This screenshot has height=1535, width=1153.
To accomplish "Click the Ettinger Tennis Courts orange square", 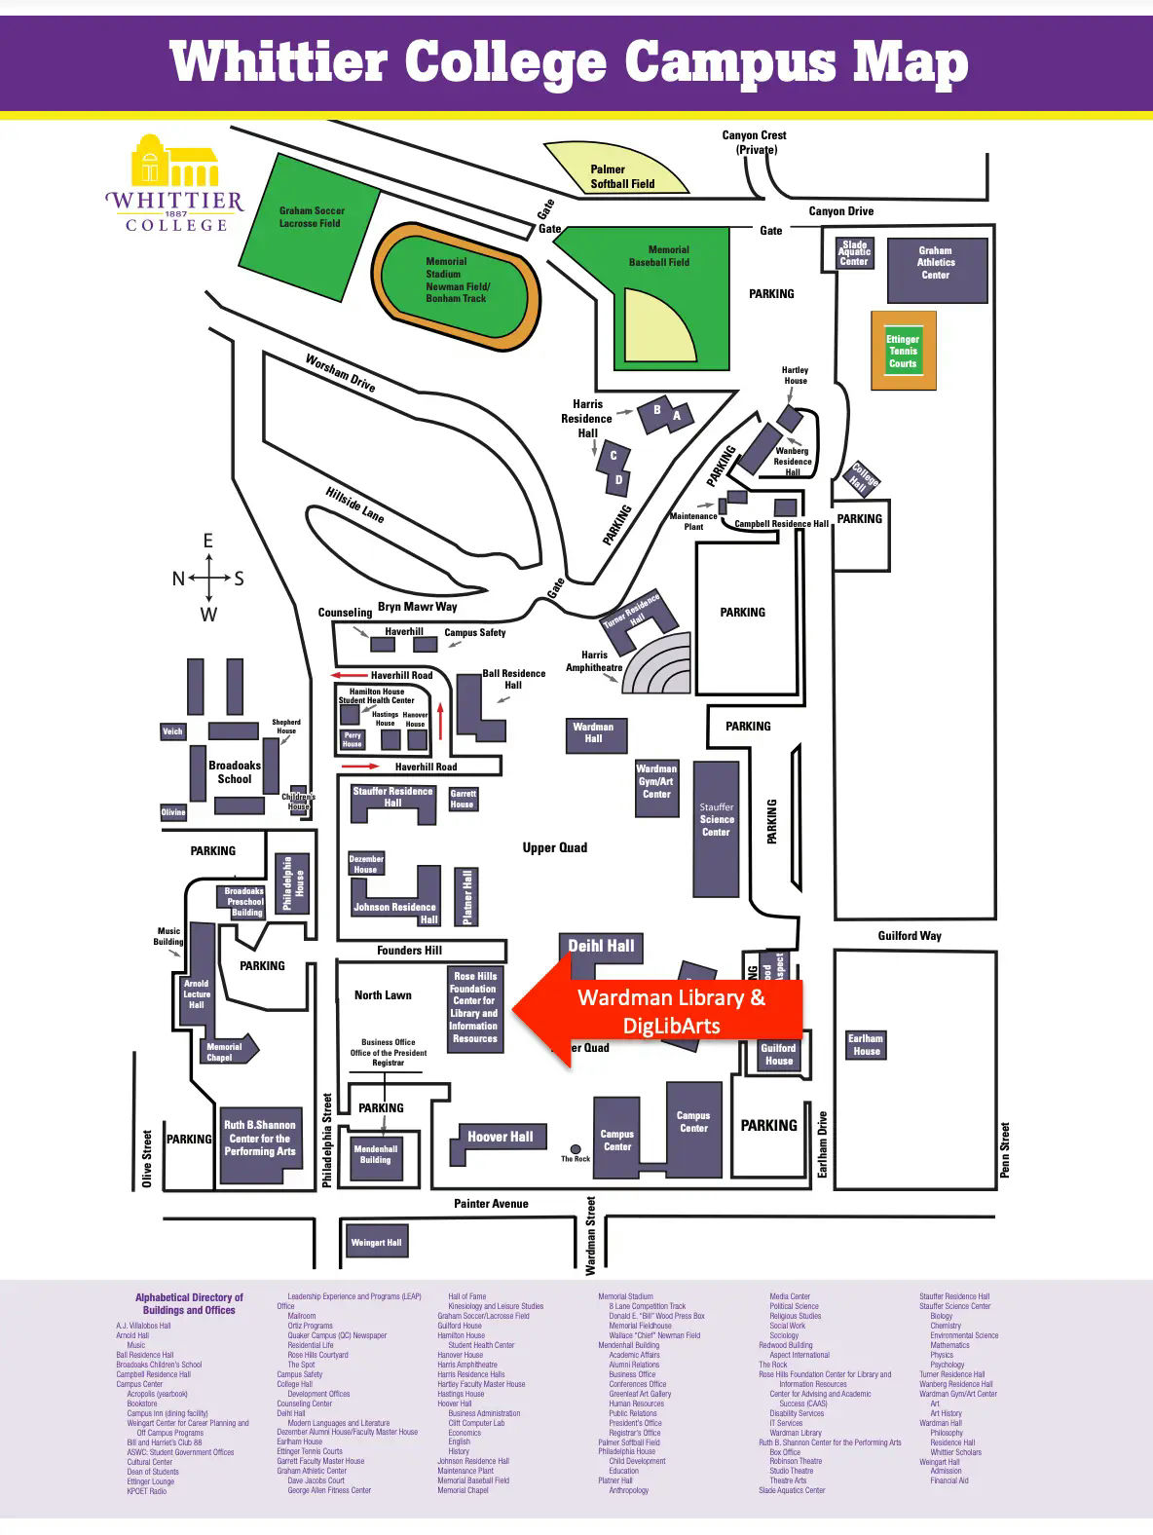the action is tap(903, 352).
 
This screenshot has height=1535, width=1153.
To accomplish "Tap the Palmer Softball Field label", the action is tap(622, 176).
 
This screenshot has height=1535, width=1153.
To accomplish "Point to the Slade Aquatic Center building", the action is tap(854, 253).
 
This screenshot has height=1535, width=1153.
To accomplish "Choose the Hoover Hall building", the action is tap(499, 1137).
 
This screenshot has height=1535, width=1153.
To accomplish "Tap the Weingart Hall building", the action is tap(376, 1242).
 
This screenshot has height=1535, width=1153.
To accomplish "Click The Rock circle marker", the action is tap(576, 1149).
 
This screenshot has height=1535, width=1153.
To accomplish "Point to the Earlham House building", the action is tap(866, 1044).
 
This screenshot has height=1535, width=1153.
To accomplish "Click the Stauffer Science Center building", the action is tap(716, 829).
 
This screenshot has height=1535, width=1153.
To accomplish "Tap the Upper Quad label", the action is tap(554, 847).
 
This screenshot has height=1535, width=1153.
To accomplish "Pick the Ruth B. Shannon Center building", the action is tap(259, 1143).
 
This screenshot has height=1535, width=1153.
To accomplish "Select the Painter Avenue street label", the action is tap(491, 1204).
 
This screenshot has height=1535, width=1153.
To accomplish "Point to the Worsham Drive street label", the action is tap(340, 373).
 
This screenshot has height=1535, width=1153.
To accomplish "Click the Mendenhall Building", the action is tap(375, 1155).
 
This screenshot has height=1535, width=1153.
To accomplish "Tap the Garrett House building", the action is tap(463, 800).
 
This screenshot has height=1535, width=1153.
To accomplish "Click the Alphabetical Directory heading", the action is tap(190, 1303).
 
